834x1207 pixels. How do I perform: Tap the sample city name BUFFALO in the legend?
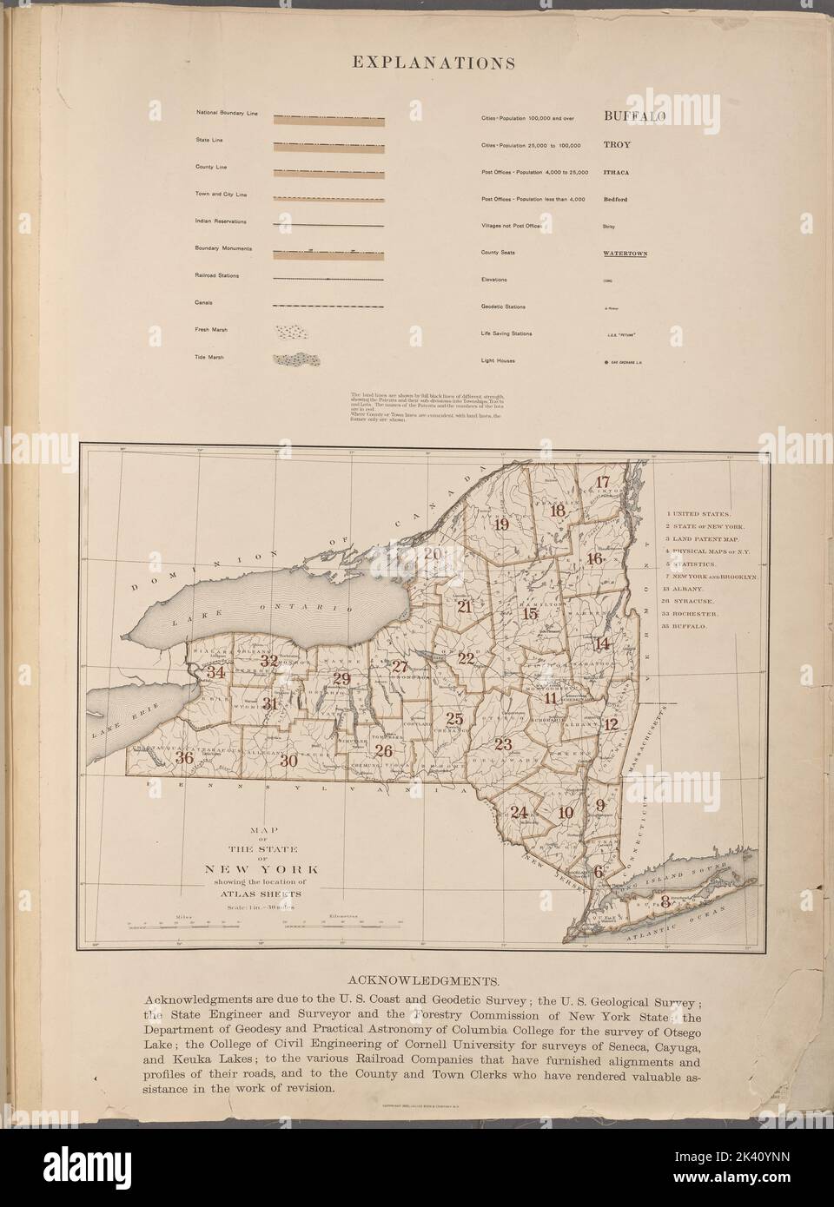pyautogui.click(x=634, y=115)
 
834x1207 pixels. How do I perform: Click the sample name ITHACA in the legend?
pyautogui.click(x=617, y=173)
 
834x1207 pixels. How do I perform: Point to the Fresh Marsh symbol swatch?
pyautogui.click(x=291, y=332)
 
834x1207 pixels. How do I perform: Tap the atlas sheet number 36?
pyautogui.click(x=183, y=757)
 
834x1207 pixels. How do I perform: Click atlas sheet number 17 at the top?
pyautogui.click(x=603, y=483)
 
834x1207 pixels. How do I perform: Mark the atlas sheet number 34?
pyautogui.click(x=215, y=672)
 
